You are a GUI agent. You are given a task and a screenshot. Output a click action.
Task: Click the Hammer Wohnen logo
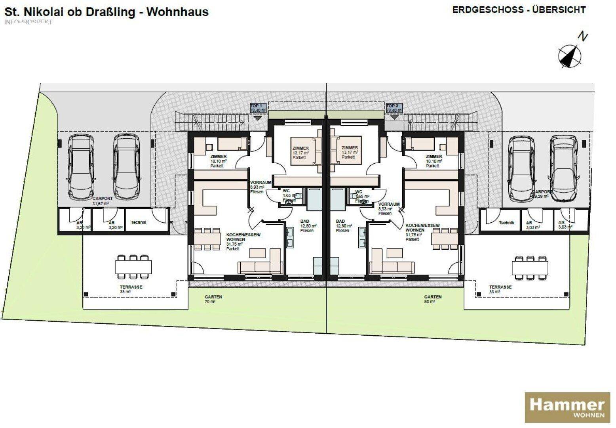click(x=567, y=407)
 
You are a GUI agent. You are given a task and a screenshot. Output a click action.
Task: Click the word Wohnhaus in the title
click(x=177, y=11)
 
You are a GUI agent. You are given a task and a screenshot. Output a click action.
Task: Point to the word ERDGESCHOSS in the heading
click(x=488, y=10)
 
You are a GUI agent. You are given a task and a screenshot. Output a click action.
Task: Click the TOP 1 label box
click(x=257, y=108)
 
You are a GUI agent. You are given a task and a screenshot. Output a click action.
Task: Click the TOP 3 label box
click(x=394, y=108)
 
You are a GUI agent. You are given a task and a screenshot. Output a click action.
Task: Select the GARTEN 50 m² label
click(x=433, y=299)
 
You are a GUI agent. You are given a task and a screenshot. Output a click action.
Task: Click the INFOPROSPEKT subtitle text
click(x=28, y=22)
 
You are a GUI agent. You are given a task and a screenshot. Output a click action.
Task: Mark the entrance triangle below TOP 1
click(x=257, y=118)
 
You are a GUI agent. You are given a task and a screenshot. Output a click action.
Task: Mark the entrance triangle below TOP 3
click(x=394, y=117)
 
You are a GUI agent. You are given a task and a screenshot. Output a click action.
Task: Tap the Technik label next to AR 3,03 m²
click(x=506, y=223)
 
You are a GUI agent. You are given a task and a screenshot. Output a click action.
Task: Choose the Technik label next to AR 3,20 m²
click(x=138, y=222)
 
